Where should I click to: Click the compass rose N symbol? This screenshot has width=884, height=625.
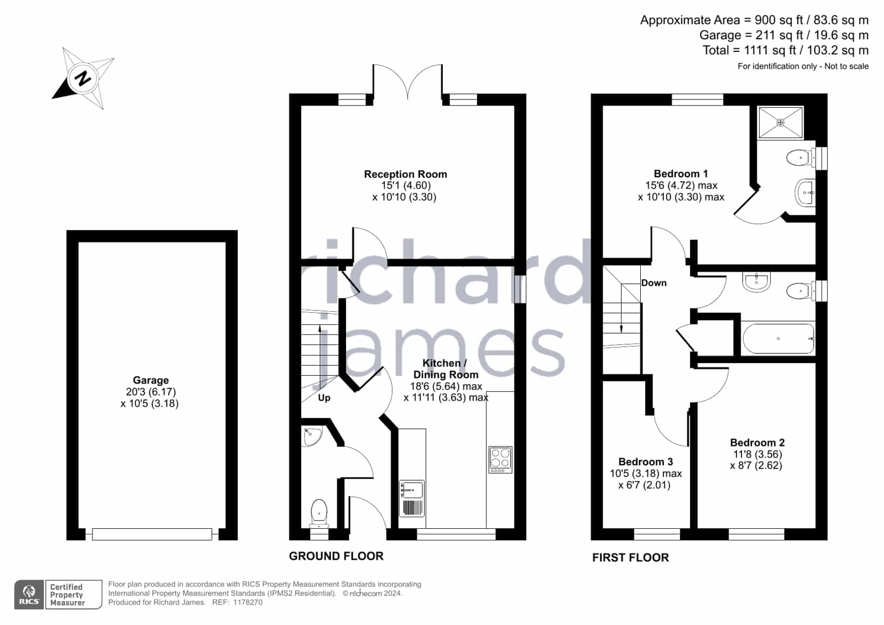click(82, 78)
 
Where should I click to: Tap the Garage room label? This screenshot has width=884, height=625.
click(151, 380)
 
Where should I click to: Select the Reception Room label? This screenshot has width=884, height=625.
click(405, 174)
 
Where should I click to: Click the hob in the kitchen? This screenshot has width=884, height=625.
click(500, 460)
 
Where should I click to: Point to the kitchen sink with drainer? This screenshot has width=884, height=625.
click(412, 498)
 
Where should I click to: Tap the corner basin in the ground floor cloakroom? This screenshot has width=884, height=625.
click(312, 437)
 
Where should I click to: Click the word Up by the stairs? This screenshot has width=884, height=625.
click(324, 398)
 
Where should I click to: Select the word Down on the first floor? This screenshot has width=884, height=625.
click(654, 283)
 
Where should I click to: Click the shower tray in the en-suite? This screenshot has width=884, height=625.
click(780, 122)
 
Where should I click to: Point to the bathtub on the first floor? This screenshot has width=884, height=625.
click(778, 339)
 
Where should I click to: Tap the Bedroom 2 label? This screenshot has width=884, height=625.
click(757, 442)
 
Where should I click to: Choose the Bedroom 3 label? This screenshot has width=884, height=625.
click(646, 461)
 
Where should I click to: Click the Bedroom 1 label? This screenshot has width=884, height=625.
click(681, 174)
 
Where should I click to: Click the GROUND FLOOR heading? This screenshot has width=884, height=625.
click(336, 556)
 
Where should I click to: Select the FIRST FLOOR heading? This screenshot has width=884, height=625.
click(631, 558)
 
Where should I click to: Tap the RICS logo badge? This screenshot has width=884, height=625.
click(29, 595)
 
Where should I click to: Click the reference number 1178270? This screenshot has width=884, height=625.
click(248, 602)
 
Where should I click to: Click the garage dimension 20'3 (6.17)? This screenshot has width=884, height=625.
click(151, 392)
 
